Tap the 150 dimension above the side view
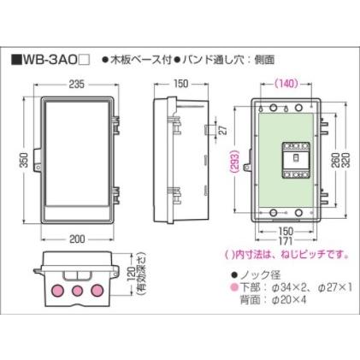coord(180,85)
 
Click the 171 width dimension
coord(288,241)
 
